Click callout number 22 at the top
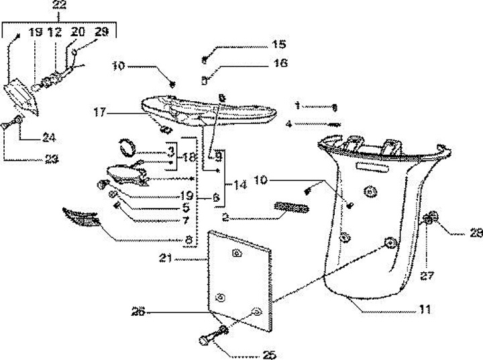tap(60, 5)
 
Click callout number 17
tap(101, 114)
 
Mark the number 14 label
tap(240, 185)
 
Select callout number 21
tap(166, 257)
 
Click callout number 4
tap(288, 123)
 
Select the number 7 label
tap(187, 219)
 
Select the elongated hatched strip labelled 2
tap(289, 208)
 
